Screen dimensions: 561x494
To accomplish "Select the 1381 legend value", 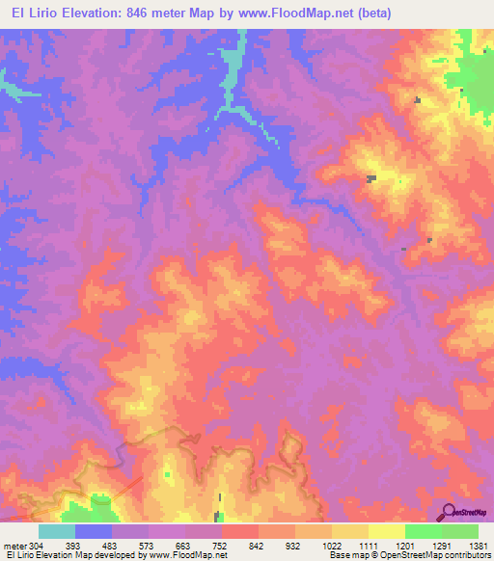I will [480, 545].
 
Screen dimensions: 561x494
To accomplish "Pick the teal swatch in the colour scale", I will [56, 531].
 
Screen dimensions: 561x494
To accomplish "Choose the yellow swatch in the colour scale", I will [386, 531].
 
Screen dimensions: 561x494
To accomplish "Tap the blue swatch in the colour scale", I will [94, 531].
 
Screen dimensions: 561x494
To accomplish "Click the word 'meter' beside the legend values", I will [13, 545].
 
